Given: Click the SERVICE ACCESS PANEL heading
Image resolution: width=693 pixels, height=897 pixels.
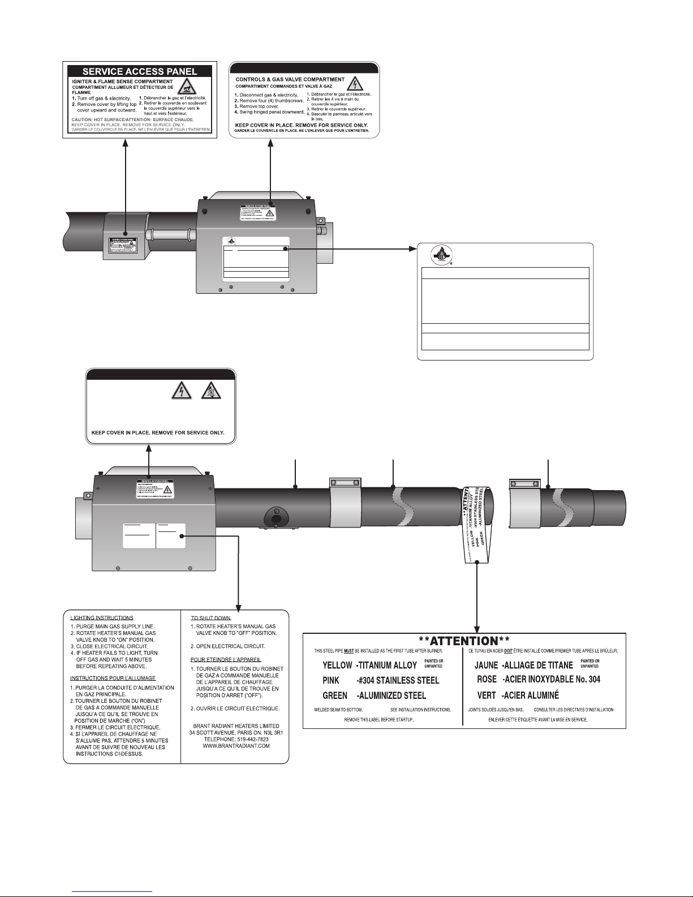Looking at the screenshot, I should click(x=140, y=72).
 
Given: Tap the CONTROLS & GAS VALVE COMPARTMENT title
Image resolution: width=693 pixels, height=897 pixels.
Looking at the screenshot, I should click(x=290, y=80).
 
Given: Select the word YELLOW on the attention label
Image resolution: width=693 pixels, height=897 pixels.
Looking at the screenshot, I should click(x=337, y=665).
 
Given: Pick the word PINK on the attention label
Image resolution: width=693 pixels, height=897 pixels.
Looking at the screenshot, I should click(x=332, y=680).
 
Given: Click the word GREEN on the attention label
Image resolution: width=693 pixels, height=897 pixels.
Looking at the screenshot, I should click(x=335, y=695).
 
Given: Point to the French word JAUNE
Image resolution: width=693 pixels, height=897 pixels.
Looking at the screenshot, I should click(x=487, y=665).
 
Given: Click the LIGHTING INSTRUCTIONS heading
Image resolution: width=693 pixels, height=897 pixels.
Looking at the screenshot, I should click(x=102, y=618).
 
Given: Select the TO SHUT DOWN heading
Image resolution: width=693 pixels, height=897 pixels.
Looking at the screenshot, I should click(x=211, y=618).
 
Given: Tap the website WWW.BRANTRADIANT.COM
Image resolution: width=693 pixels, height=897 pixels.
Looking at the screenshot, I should click(x=236, y=746).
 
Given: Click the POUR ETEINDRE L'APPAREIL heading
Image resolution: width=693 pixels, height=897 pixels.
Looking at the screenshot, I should click(x=226, y=659).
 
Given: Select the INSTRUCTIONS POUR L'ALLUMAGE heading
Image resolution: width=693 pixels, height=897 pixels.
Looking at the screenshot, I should click(x=113, y=678).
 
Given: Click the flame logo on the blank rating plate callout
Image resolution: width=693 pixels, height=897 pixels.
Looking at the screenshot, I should click(x=437, y=254).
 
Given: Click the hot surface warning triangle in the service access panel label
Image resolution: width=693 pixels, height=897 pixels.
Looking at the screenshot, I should click(x=186, y=87).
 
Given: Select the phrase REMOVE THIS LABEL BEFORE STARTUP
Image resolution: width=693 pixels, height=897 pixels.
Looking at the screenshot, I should click(x=379, y=719).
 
